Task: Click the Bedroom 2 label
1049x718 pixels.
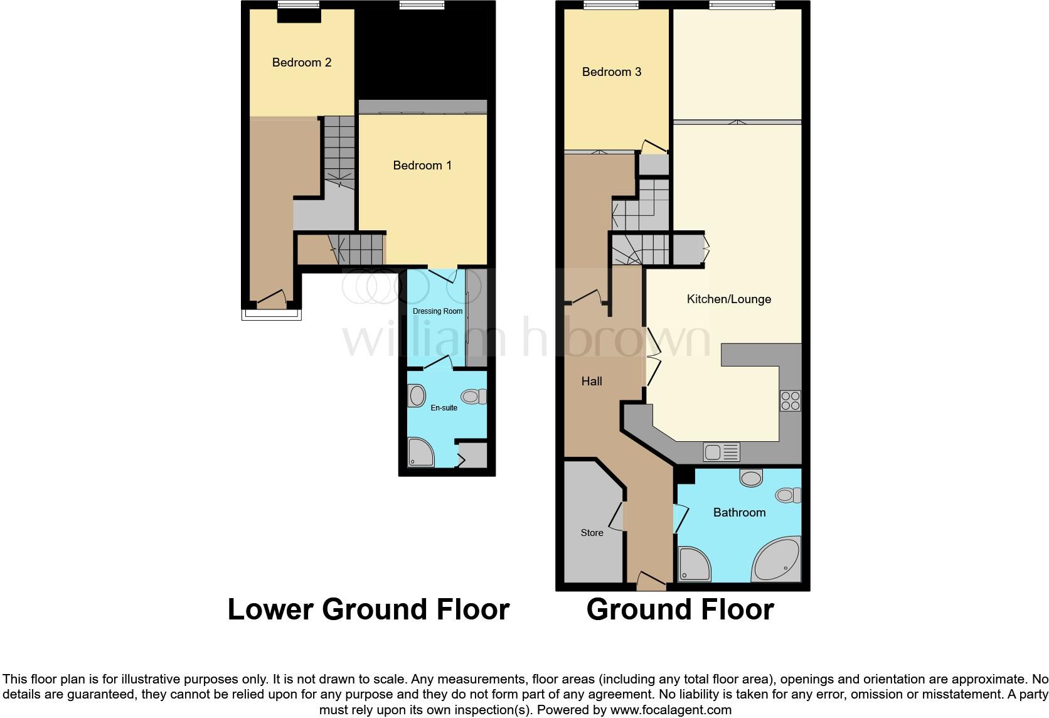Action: click(301, 62)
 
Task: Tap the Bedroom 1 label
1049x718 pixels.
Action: click(422, 165)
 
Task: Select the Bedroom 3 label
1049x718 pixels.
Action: click(611, 72)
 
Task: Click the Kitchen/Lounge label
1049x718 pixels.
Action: click(728, 299)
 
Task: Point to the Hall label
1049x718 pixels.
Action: click(591, 381)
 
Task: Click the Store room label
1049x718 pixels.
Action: click(592, 532)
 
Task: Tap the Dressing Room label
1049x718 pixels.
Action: click(437, 311)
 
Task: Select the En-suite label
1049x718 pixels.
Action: click(444, 407)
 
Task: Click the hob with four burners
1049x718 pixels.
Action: click(791, 400)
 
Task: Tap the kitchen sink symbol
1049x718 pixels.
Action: click(722, 452)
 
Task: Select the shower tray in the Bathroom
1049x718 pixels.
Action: click(694, 564)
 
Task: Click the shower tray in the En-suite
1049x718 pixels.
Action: click(420, 453)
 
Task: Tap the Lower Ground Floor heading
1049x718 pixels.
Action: click(368, 609)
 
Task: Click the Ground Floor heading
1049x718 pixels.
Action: click(680, 609)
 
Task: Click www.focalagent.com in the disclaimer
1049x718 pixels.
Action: click(671, 710)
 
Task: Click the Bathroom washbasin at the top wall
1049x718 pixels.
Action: click(750, 478)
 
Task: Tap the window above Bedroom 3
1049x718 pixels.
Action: click(610, 5)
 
